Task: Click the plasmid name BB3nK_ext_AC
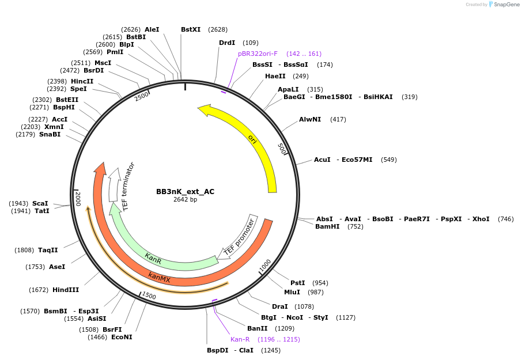tap(185, 192)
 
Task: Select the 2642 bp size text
tap(185, 200)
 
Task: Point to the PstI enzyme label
tap(297, 283)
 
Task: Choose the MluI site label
tap(292, 292)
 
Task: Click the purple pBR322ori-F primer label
tap(258, 54)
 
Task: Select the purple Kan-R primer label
tap(240, 339)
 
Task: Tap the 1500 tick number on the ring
tap(149, 295)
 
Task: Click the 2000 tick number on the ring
tap(78, 199)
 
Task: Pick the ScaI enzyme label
tap(40, 203)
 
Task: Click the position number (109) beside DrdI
tap(250, 43)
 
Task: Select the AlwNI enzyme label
tap(309, 119)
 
